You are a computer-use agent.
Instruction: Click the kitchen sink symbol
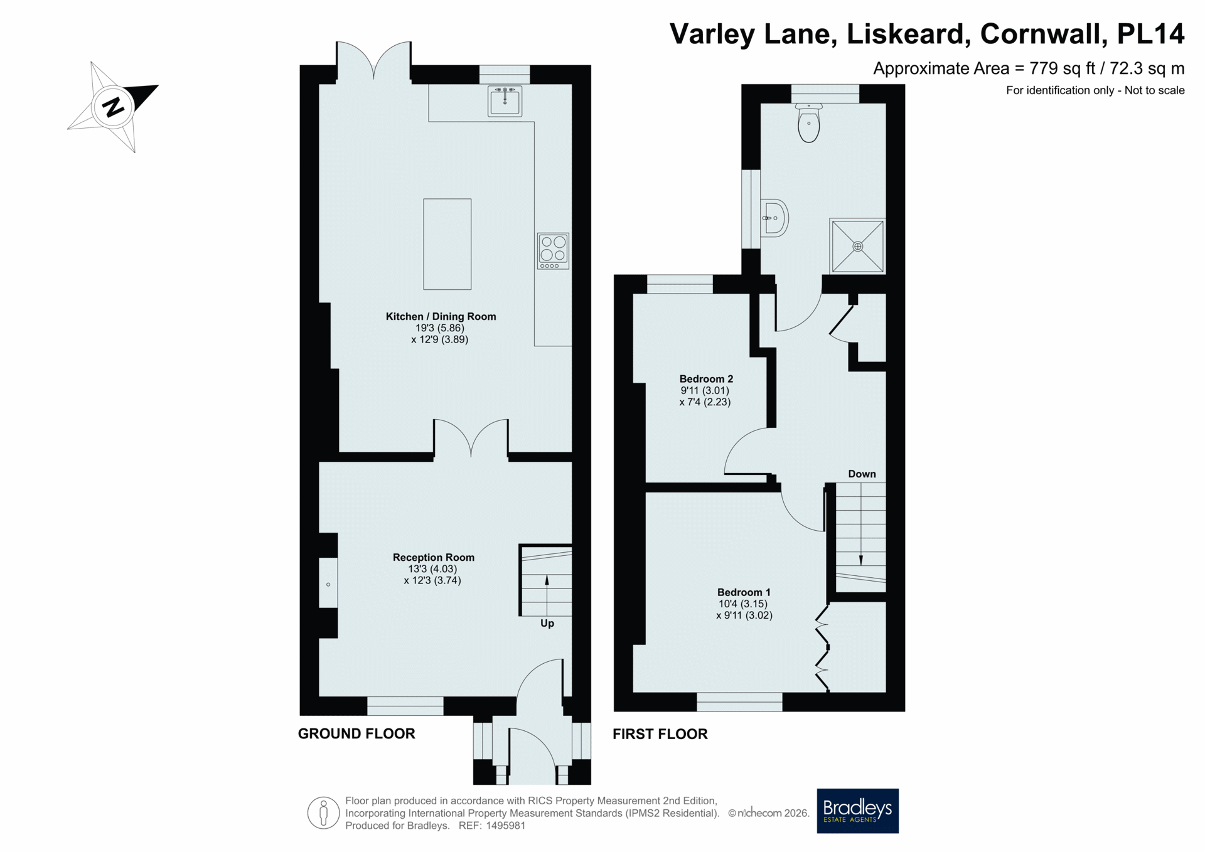(x=505, y=100)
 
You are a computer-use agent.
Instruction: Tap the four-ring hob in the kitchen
(x=553, y=250)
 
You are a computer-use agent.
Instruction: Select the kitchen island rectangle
(x=447, y=244)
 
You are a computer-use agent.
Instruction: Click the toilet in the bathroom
(x=809, y=123)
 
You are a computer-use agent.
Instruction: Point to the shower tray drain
(x=857, y=247)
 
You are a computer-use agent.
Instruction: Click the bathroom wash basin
(x=774, y=218)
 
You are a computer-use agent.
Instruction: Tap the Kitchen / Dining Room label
(x=441, y=316)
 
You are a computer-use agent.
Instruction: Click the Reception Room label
(x=433, y=557)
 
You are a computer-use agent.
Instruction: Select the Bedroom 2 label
(x=706, y=379)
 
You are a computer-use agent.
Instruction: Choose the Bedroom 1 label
(x=744, y=592)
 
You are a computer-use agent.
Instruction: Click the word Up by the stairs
(x=547, y=624)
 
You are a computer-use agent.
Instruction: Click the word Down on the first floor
(x=862, y=474)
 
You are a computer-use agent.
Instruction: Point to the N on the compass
(x=114, y=107)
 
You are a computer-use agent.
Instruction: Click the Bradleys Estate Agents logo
(x=857, y=811)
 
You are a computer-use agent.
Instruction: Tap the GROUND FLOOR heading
(x=356, y=733)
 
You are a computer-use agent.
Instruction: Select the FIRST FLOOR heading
(x=660, y=734)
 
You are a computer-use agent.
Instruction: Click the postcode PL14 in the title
(x=1150, y=34)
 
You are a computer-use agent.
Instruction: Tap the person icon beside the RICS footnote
(x=323, y=813)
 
